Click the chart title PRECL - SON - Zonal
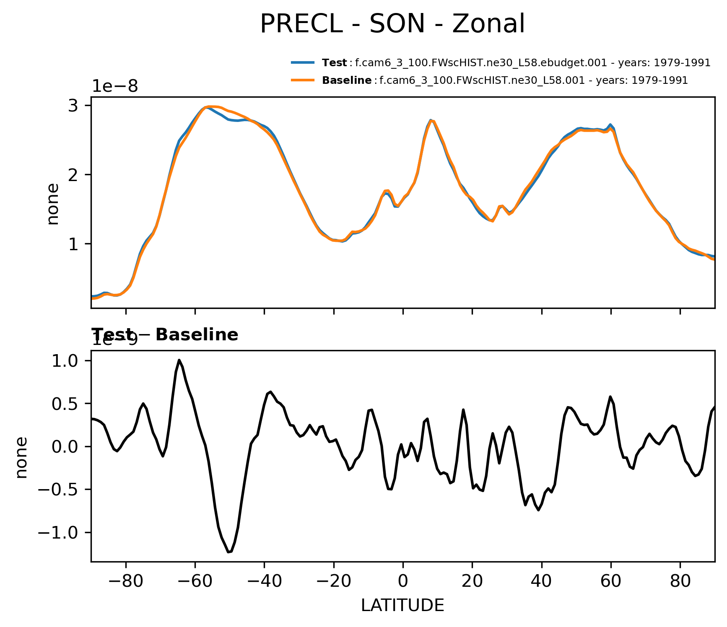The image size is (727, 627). coord(392,24)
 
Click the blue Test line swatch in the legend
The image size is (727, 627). coord(303,63)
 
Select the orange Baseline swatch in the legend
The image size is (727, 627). coord(303,80)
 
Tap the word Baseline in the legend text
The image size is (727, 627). coord(347,80)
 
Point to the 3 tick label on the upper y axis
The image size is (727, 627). coord(73,105)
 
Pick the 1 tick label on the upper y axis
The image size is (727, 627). coord(73,244)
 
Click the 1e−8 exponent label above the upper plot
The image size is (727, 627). coord(115,86)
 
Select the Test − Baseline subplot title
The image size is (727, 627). coord(165,335)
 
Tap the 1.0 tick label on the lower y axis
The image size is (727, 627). coord(65,361)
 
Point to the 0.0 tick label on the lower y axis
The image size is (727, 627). coord(65,447)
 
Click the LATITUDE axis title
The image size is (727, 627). coord(402,606)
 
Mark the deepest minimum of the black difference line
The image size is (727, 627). coord(229,552)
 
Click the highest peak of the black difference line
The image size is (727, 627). coord(179,360)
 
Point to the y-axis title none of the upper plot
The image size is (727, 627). coord(53,204)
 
